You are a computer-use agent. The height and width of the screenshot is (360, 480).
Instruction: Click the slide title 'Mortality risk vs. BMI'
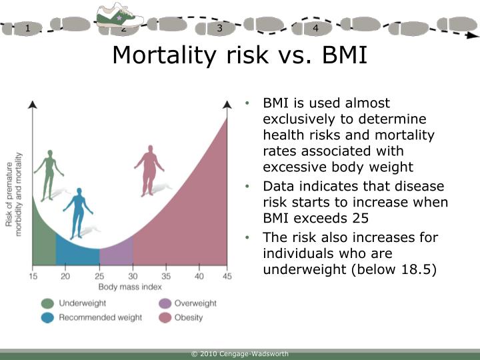[239, 55]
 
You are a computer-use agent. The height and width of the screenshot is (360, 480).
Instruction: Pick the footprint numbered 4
[315, 28]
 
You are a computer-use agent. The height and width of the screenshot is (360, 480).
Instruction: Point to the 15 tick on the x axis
[33, 276]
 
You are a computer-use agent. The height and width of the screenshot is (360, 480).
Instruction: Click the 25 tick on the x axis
[99, 276]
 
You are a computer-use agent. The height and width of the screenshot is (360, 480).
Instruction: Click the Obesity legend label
[189, 317]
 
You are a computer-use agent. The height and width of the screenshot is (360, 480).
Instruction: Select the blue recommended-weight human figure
[78, 212]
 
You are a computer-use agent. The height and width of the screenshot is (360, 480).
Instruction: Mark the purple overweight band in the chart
[117, 255]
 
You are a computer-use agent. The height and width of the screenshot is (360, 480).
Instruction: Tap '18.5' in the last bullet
[418, 270]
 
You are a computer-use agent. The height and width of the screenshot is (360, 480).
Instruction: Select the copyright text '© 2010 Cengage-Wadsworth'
[239, 353]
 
